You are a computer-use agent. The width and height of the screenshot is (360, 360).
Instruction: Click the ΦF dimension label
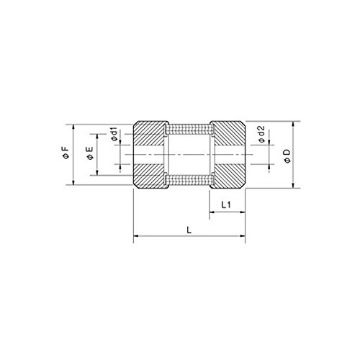tap(66, 153)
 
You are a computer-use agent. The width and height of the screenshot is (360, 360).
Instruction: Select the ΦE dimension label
tap(90, 153)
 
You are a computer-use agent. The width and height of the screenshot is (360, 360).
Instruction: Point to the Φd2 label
tap(261, 134)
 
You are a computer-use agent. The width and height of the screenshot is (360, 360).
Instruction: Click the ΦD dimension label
tap(287, 156)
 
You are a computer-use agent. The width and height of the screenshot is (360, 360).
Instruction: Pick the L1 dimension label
tap(226, 204)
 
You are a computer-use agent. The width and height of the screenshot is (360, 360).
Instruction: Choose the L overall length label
tap(189, 230)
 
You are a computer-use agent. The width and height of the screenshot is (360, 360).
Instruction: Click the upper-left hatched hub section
tap(149, 134)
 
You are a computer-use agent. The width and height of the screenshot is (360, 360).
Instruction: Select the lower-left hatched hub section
tap(149, 176)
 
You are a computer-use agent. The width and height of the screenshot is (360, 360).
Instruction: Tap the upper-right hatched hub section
tap(228, 134)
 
